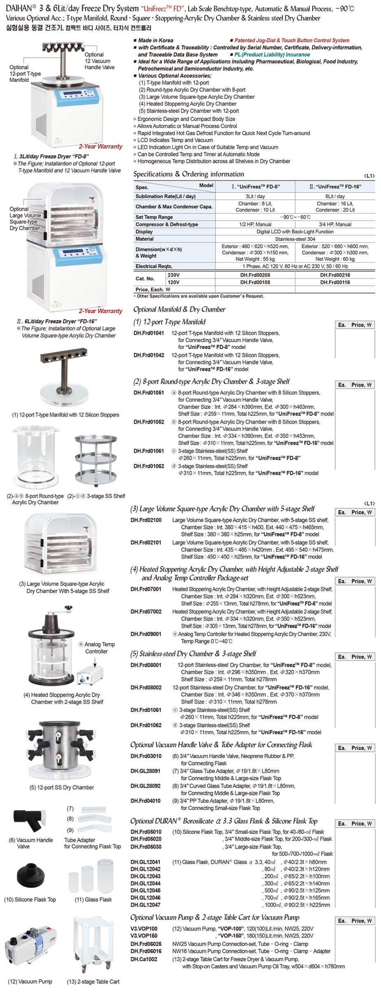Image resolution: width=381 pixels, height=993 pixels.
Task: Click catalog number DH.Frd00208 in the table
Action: (255, 275)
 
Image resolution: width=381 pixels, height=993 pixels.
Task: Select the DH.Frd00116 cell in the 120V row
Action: (335, 282)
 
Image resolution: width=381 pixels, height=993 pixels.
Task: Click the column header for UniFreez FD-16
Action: (335, 186)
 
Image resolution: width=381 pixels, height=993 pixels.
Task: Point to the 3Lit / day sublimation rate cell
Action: (255, 196)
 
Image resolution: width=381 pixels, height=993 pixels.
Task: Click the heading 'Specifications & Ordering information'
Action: (189, 174)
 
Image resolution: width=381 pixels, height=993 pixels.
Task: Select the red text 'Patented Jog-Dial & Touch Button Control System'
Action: (292, 40)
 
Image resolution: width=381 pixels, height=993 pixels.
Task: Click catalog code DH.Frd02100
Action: (146, 520)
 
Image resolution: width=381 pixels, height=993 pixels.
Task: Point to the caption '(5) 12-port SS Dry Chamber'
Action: (61, 787)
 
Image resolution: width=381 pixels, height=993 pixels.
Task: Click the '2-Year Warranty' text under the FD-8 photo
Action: (101, 147)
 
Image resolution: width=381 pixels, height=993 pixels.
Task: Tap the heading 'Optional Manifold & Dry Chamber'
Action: (179, 309)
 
